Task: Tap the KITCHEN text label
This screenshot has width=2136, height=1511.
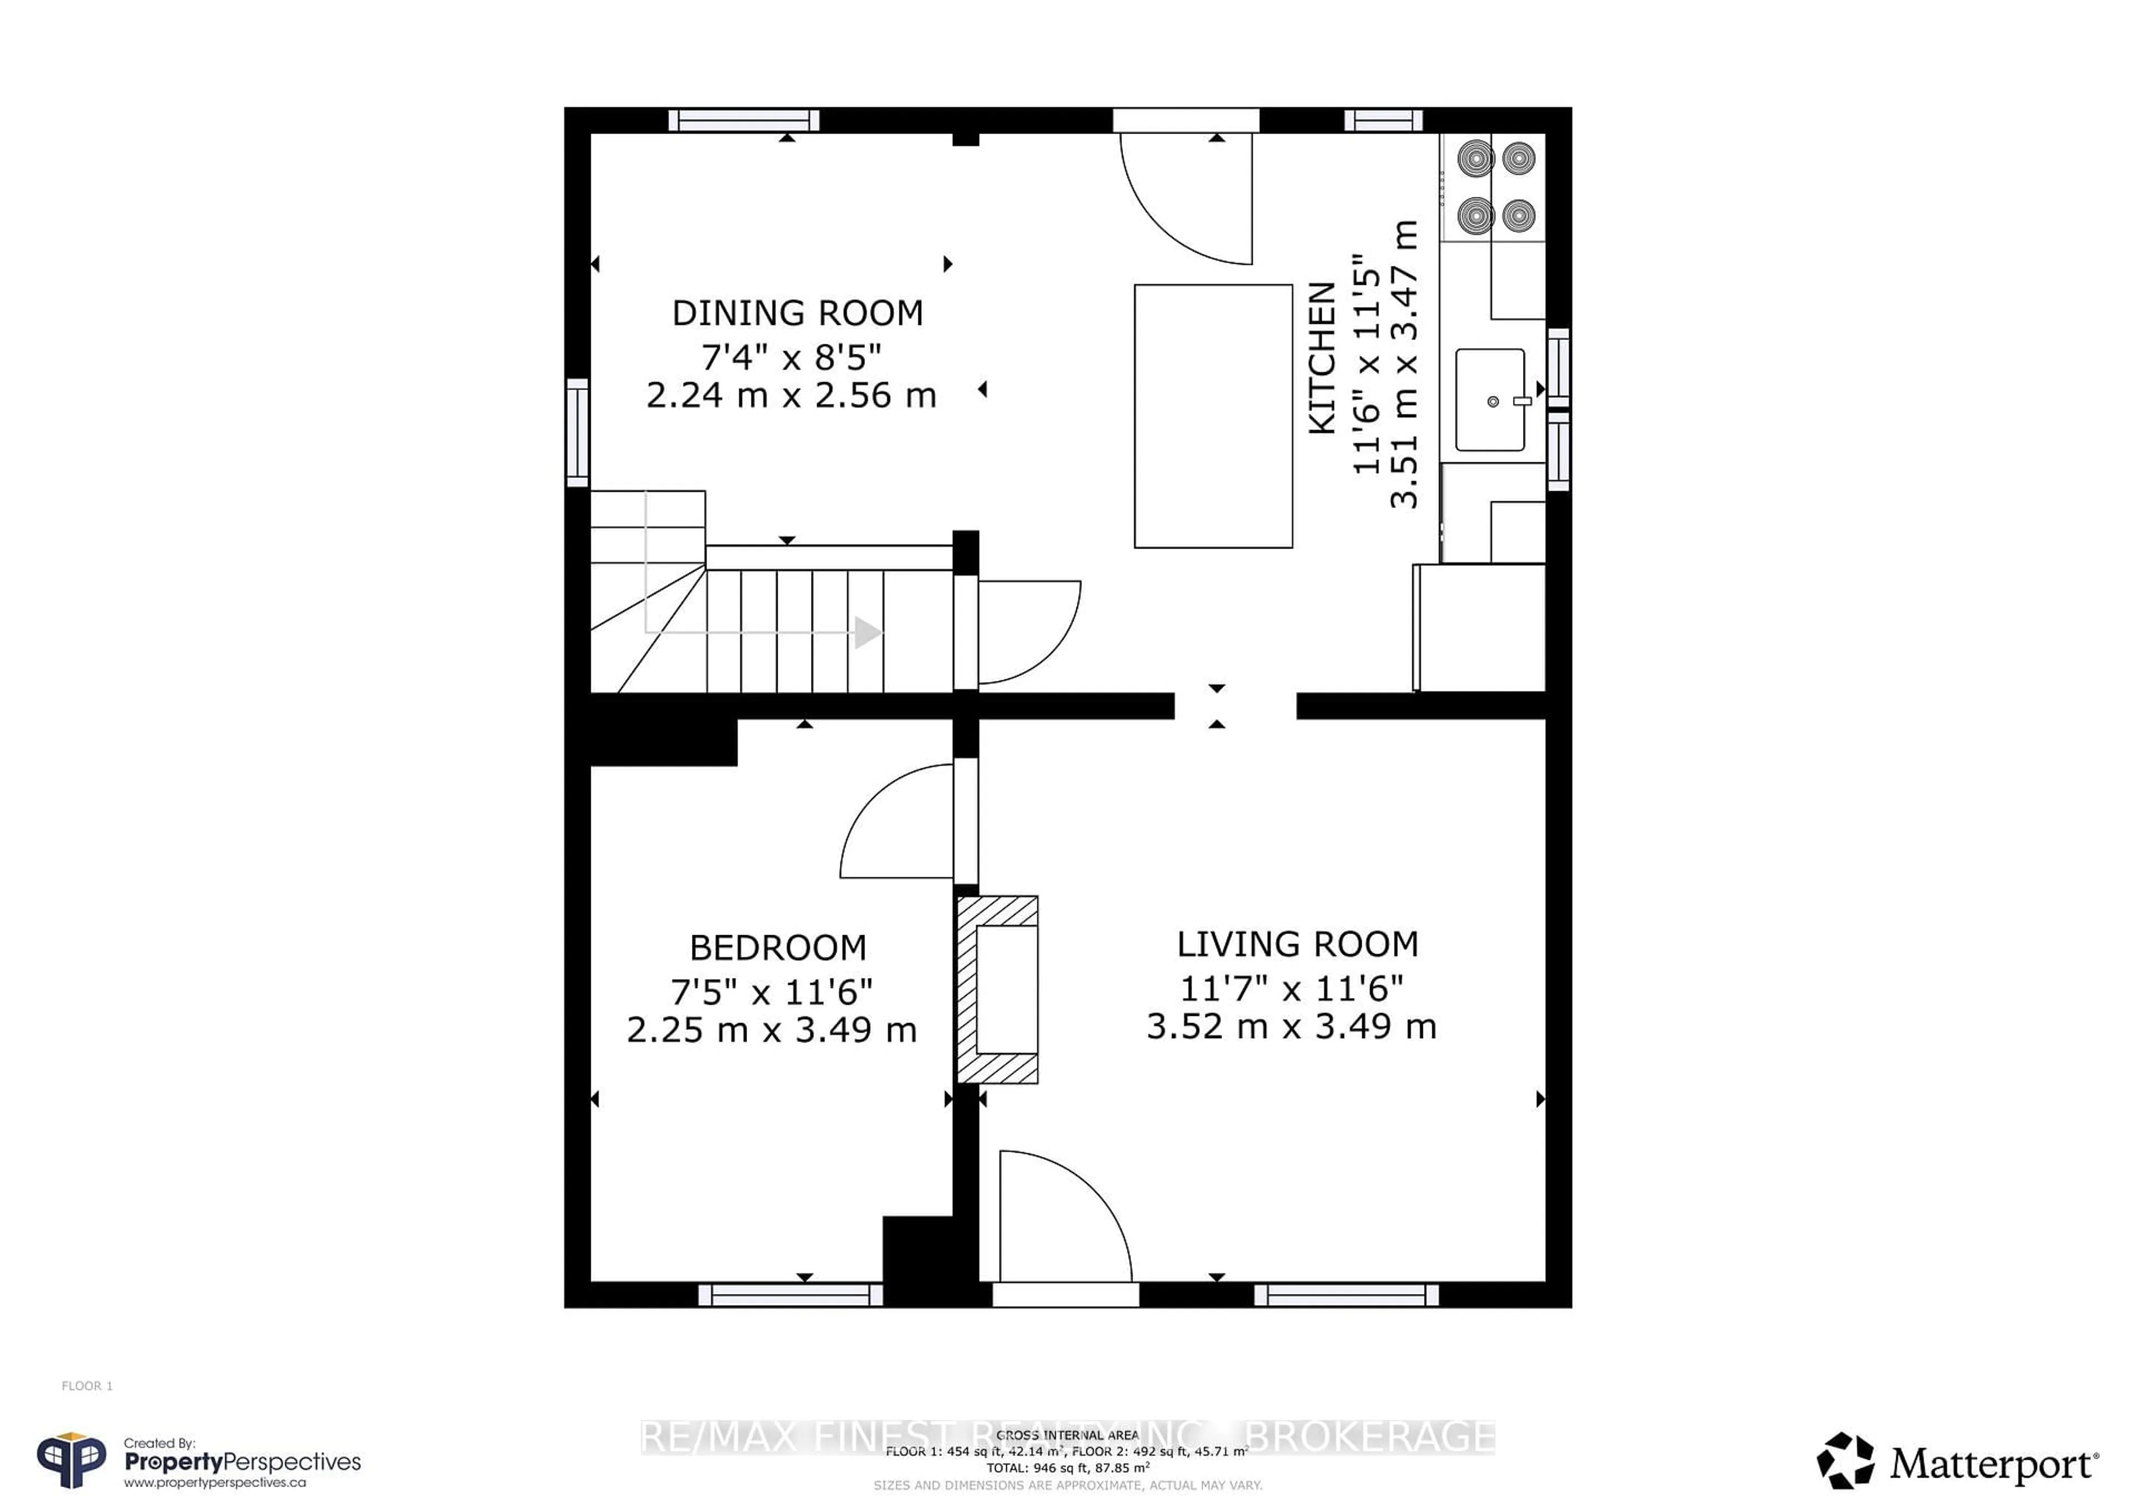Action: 1322,358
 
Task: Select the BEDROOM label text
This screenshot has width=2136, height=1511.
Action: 778,947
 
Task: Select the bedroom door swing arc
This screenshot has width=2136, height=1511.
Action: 893,823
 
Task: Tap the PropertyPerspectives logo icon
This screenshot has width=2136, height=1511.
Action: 71,1461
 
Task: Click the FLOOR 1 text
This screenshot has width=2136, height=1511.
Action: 87,1385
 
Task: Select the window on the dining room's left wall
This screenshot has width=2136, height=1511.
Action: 578,433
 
